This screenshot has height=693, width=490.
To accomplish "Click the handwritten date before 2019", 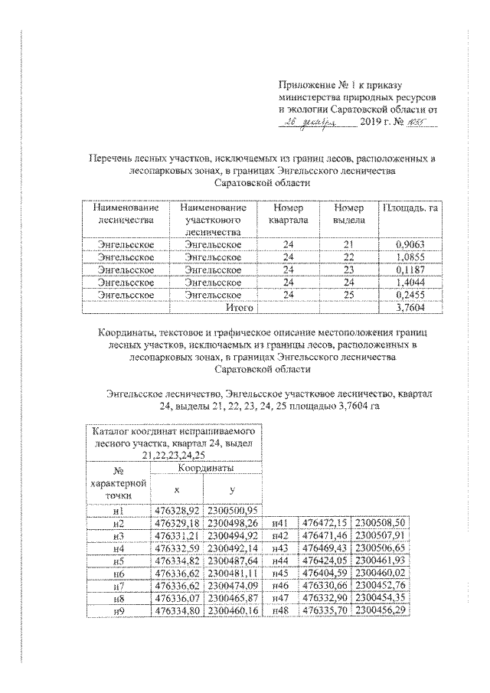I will pyautogui.click(x=316, y=121).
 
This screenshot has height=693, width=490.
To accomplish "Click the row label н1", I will pyautogui.click(x=118, y=510).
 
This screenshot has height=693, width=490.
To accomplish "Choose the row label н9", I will pyautogui.click(x=118, y=610).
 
